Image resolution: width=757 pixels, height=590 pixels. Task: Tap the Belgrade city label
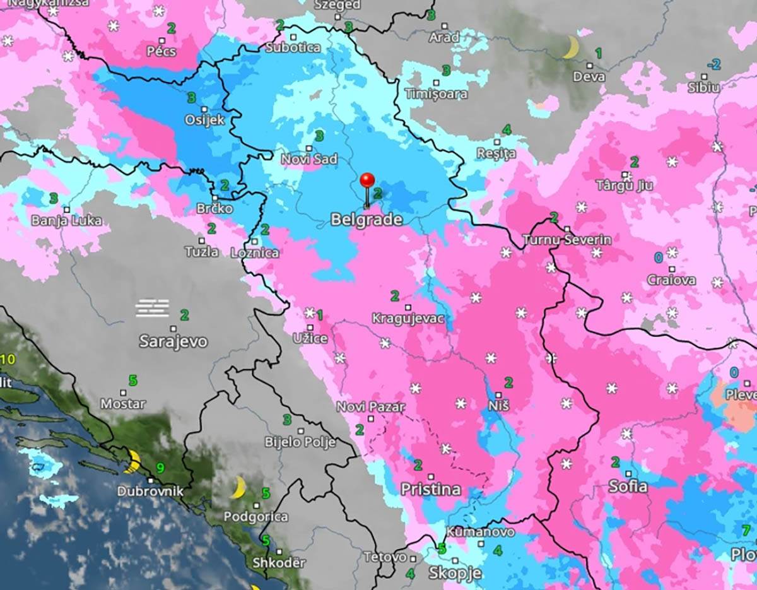367,220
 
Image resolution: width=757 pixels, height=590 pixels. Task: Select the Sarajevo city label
173,342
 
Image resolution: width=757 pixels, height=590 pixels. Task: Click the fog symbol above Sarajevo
153,308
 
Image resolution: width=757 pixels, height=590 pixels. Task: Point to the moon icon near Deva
571,47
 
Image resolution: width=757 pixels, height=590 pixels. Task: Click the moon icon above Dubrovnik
132,461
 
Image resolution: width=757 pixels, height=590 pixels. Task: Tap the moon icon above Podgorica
238,487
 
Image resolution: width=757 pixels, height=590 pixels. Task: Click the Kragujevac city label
408,318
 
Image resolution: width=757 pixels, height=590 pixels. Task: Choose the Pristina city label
431,489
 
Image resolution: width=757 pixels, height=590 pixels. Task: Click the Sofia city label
628,486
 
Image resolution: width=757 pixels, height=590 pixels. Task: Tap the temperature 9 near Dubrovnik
160,468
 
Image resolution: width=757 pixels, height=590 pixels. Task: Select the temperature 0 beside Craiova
658,257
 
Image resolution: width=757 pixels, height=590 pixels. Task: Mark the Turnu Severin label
566,240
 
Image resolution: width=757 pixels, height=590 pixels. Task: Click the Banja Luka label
66,221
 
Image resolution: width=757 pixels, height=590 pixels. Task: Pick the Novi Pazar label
370,407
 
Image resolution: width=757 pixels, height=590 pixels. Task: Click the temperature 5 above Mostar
132,381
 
